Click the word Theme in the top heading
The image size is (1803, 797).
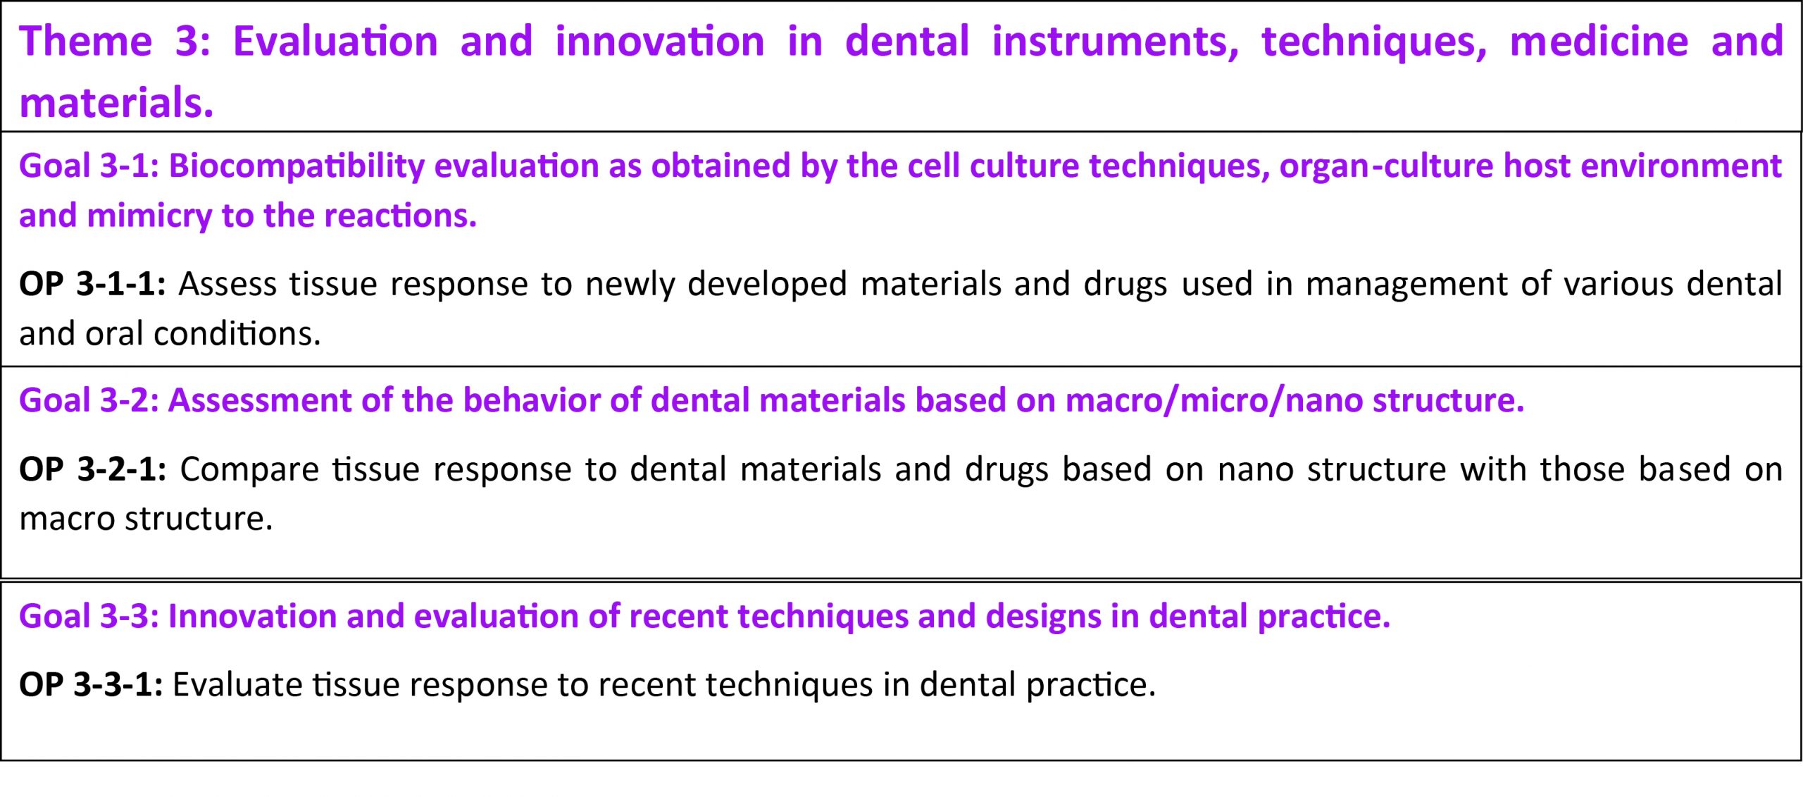[x=85, y=41]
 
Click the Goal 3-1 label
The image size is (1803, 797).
[x=89, y=166]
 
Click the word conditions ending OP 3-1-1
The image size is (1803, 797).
[x=237, y=333]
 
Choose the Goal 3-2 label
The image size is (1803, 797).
[x=89, y=400]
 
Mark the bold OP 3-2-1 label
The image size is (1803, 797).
[x=93, y=469]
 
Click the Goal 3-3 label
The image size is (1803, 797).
[x=89, y=616]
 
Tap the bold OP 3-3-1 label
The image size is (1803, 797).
[x=91, y=685]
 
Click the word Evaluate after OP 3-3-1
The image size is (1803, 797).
[x=237, y=685]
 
